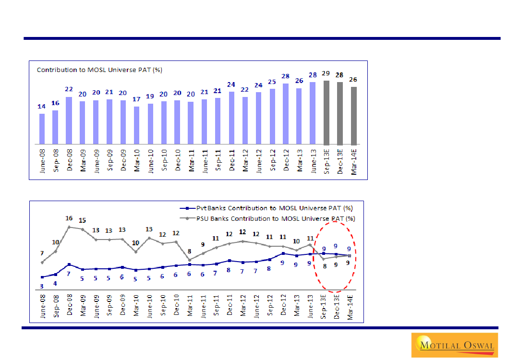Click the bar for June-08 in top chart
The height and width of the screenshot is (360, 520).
pos(42,129)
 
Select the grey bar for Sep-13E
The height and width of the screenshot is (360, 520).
pos(327,113)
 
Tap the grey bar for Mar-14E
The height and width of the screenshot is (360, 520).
pos(354,116)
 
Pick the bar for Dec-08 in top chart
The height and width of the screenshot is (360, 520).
pos(69,120)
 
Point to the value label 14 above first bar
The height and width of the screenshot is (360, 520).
pos(42,107)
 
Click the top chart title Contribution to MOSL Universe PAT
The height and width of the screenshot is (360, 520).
pos(99,70)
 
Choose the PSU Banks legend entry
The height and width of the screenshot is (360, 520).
pos(269,218)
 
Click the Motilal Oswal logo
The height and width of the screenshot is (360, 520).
pos(454,345)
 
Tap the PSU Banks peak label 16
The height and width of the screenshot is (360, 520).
pos(69,218)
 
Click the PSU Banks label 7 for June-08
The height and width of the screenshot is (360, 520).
pos(42,253)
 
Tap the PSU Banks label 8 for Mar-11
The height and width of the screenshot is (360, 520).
pos(190,251)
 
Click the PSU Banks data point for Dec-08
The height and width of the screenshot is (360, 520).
pos(69,227)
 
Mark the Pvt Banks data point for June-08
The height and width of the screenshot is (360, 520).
pos(42,277)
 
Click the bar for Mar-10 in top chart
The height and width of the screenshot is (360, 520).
pos(136,125)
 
